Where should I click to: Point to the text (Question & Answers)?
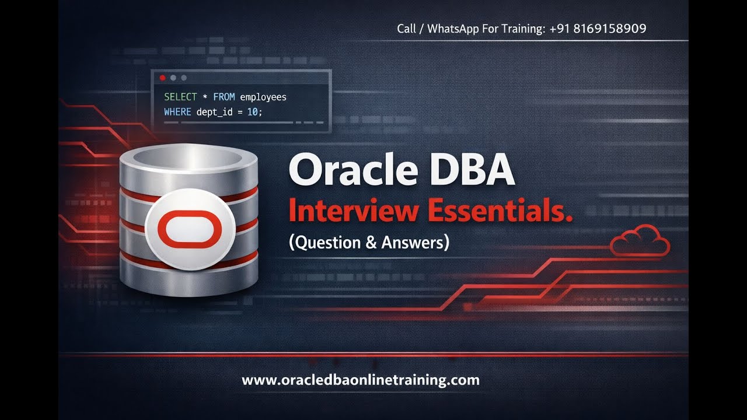(369, 242)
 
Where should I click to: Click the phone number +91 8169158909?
(598, 29)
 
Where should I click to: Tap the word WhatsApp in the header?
(453, 29)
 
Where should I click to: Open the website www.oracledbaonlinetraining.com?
(360, 380)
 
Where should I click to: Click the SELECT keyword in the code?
(180, 97)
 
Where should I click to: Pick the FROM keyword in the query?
(224, 97)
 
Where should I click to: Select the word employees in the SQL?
(263, 97)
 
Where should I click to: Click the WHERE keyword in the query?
(177, 111)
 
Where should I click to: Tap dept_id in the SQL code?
(214, 111)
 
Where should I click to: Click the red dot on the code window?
(162, 78)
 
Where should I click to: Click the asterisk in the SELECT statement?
(204, 97)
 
